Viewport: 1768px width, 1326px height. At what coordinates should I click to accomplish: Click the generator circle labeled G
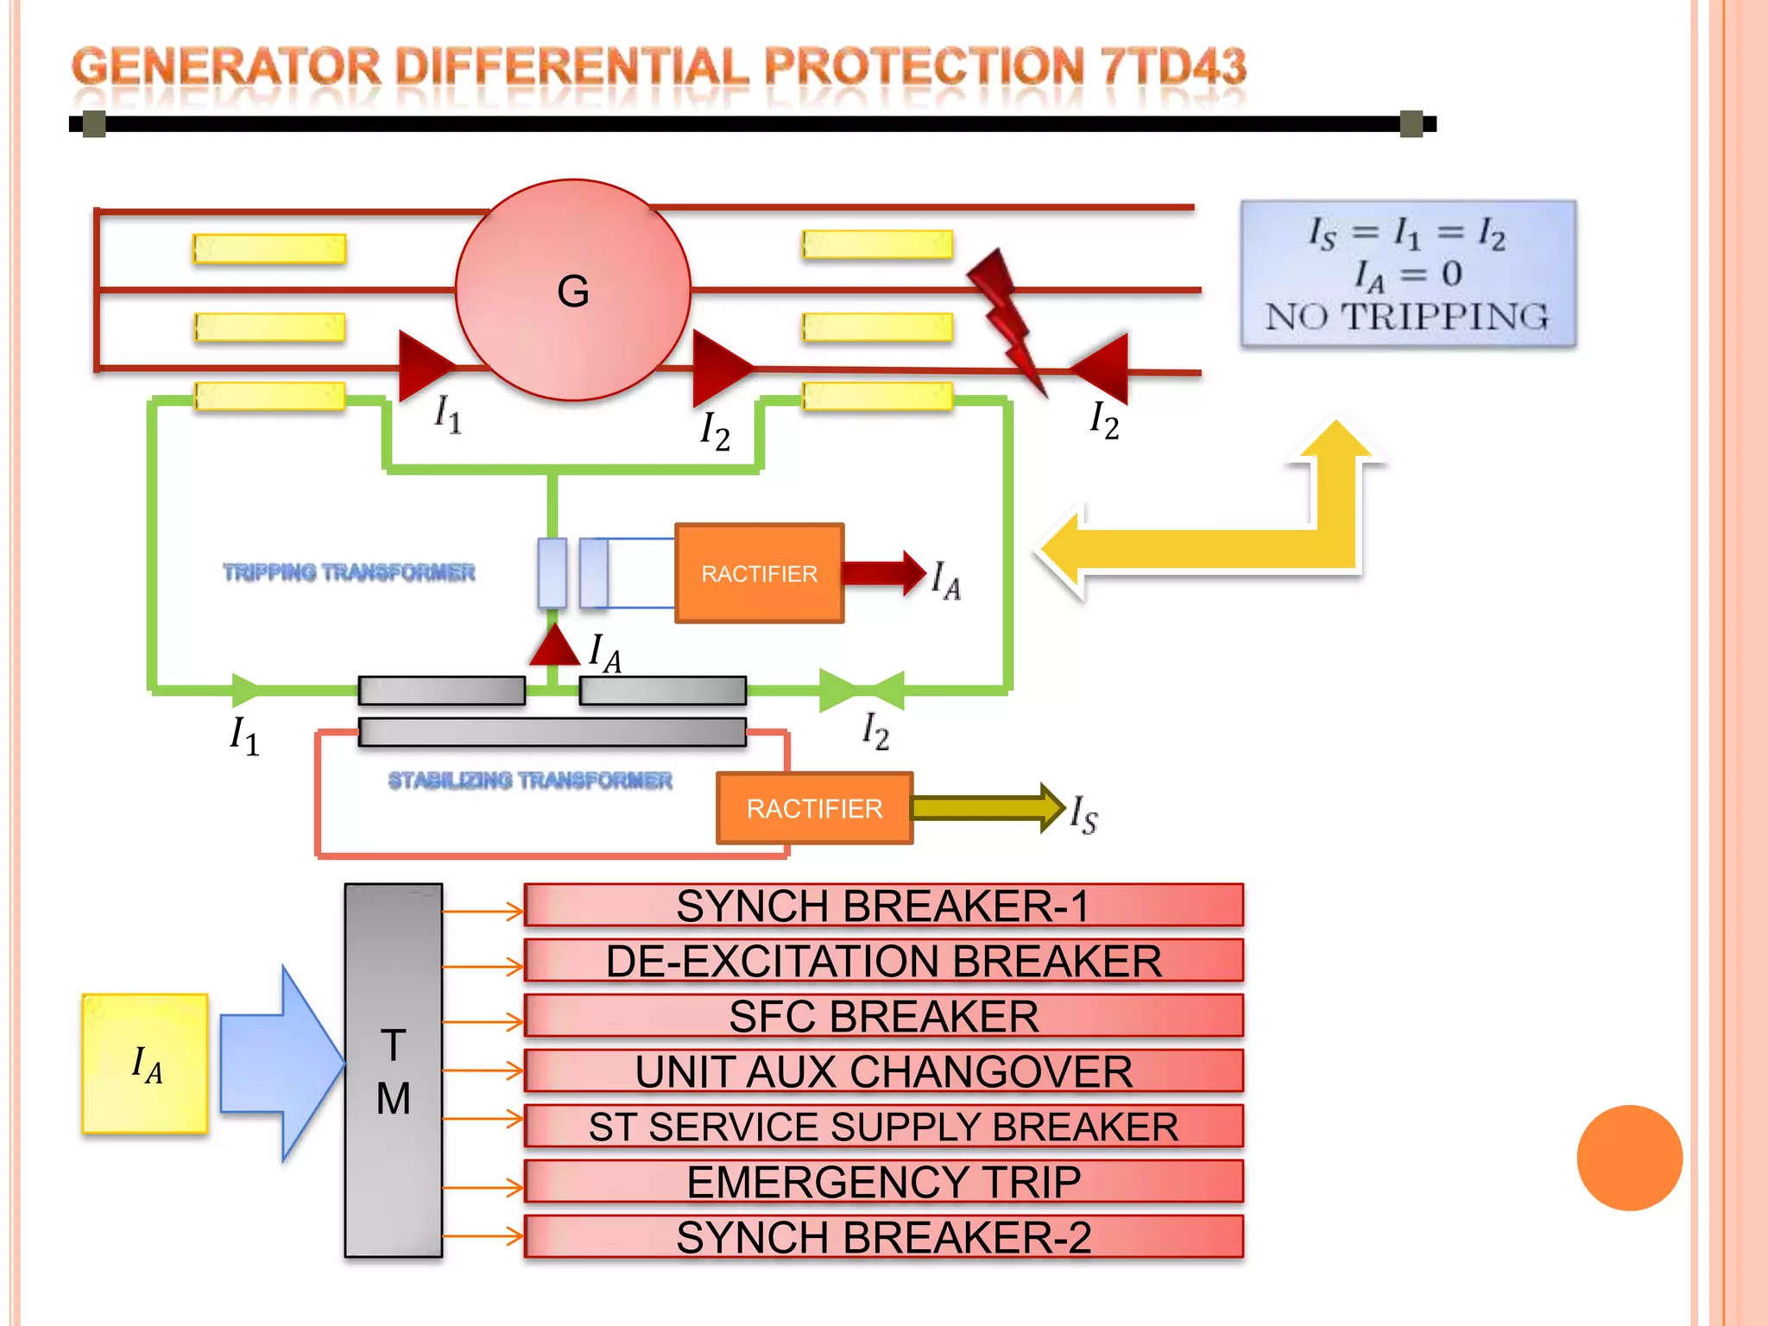[x=573, y=290]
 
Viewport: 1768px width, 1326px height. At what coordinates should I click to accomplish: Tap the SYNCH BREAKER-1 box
[x=883, y=906]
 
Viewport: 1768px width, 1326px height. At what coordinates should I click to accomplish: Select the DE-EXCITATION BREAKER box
[x=883, y=961]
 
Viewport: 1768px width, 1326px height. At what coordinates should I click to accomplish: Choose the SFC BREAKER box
[x=883, y=1016]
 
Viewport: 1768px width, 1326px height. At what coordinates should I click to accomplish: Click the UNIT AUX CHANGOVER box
[x=883, y=1071]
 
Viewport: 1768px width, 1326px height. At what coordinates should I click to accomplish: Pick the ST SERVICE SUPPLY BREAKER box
[x=883, y=1127]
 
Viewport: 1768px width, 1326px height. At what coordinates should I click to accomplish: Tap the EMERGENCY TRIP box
[x=883, y=1182]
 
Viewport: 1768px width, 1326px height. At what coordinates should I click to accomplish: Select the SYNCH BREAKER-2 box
[x=883, y=1237]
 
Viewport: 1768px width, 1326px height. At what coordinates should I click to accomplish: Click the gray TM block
[x=394, y=1070]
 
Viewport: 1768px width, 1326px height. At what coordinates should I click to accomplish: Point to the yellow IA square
[x=145, y=1064]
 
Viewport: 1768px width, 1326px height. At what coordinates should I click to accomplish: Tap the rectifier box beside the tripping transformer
[x=759, y=573]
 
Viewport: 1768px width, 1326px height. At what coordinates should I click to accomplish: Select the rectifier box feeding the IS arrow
[x=814, y=808]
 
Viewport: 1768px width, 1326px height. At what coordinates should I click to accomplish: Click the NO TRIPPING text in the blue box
[x=1407, y=317]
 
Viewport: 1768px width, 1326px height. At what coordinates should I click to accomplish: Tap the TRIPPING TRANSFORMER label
[x=349, y=572]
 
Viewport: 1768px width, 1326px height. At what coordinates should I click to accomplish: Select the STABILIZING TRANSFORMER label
[x=529, y=780]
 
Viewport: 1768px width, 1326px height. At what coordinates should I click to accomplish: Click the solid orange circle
[x=1629, y=1158]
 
